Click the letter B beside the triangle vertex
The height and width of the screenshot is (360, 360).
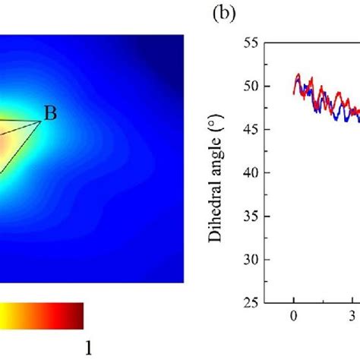tap(50, 114)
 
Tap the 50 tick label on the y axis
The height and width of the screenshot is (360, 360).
tap(250, 87)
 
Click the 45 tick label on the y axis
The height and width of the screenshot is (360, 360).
tap(250, 130)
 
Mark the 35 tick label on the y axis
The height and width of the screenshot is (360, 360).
tap(250, 216)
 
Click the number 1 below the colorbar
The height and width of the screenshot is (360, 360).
tap(90, 346)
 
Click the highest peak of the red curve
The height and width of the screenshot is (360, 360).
tap(298, 74)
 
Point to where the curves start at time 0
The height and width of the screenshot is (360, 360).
tap(294, 93)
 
